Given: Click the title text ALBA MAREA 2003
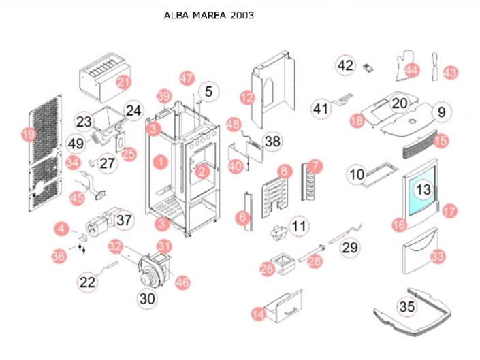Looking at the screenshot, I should click(x=209, y=15).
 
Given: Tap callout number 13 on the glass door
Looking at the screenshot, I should click(x=424, y=190).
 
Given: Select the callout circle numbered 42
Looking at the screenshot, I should click(x=346, y=65).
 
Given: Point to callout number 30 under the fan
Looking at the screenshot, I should click(x=147, y=298).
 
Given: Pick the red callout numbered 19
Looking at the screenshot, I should click(x=28, y=134).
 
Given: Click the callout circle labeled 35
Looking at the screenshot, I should click(x=407, y=307).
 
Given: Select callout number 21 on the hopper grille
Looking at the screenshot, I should click(x=123, y=82).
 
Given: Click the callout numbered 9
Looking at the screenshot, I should click(x=441, y=111).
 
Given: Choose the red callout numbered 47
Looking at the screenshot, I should click(x=187, y=78).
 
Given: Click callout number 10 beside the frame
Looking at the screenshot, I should click(x=357, y=174).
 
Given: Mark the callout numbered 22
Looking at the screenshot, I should click(x=87, y=282).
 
